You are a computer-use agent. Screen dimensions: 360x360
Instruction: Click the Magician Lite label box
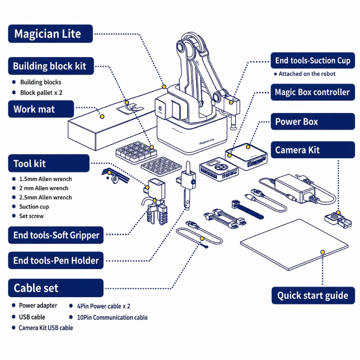[50, 34]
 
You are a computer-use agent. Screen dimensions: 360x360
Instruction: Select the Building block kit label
[51, 66]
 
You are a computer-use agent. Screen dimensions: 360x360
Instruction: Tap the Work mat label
[41, 109]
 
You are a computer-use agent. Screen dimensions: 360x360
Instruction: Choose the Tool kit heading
[49, 163]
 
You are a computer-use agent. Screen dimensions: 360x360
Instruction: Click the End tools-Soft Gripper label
[56, 235]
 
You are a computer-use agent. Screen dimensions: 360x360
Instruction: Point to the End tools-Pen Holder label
[56, 260]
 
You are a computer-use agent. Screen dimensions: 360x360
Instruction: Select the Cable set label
[56, 288]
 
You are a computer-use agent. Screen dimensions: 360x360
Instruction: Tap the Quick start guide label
[313, 296]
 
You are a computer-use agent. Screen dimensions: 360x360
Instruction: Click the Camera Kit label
[313, 150]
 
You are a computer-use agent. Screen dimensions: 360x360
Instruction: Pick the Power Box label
[313, 122]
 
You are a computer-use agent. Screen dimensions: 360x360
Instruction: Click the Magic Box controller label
[313, 92]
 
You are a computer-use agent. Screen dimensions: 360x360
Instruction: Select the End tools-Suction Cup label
[313, 60]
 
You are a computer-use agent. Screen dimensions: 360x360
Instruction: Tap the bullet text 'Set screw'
[32, 216]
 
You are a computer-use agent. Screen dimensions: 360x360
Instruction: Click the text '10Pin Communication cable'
[112, 318]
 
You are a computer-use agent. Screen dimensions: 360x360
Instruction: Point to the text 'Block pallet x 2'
[41, 92]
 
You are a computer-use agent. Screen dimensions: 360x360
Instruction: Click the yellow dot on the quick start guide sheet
[322, 252]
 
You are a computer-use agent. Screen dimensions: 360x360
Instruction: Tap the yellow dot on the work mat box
[102, 116]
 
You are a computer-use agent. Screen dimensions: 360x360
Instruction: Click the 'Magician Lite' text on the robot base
[207, 142]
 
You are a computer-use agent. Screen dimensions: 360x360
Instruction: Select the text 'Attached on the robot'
[307, 74]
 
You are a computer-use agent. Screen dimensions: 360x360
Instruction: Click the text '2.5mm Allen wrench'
[46, 198]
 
